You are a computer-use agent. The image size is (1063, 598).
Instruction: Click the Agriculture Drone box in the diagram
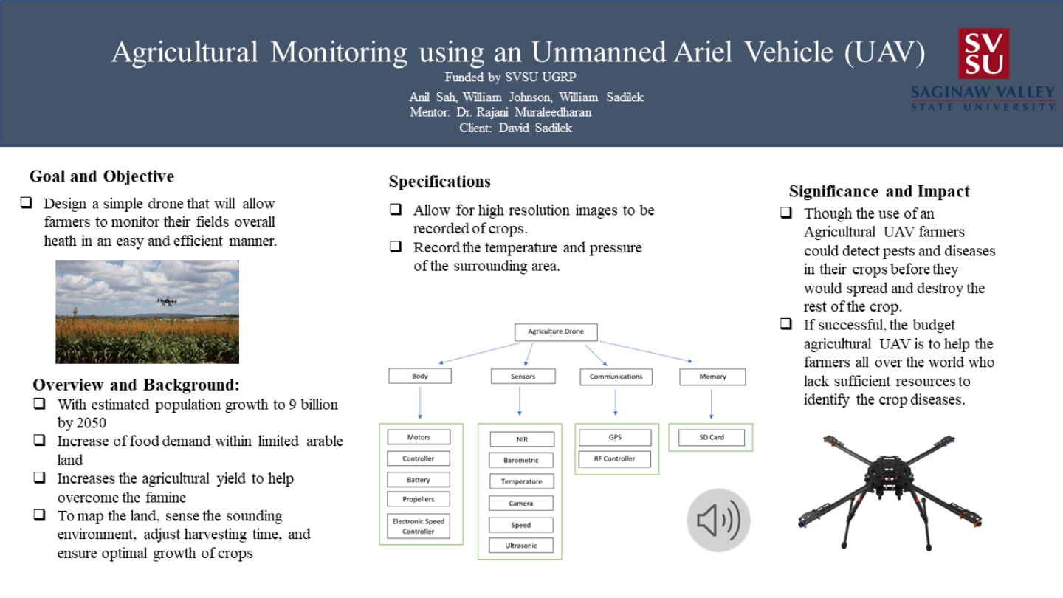555,332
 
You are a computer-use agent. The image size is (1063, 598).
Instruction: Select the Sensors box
523,377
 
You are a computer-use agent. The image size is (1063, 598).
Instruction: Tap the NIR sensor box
522,439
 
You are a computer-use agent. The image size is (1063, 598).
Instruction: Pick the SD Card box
711,438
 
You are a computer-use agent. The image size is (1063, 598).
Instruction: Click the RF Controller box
614,458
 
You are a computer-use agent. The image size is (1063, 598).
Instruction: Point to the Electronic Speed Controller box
419,526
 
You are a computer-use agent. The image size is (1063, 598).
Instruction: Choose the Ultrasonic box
522,546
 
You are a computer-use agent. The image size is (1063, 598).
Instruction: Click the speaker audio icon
718,520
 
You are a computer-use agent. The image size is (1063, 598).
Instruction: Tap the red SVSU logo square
983,53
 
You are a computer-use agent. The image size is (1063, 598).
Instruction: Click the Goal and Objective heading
102,176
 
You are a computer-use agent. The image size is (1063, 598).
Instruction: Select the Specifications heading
440,182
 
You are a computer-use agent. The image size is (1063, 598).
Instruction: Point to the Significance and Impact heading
879,192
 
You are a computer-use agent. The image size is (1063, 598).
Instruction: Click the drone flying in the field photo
167,301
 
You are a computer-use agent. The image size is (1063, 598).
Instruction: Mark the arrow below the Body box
420,403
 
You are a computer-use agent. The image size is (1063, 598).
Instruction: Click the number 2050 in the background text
92,423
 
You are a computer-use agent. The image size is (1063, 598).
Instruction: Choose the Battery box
419,480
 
